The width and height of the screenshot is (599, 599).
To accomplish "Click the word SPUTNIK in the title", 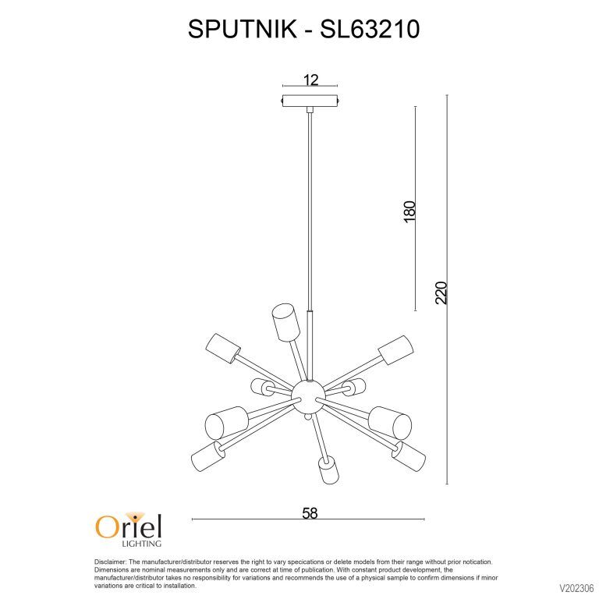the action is coord(243,29).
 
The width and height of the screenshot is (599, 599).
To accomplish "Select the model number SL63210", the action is coord(370,29).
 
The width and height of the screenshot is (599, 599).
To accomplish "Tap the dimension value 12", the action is coord(310,80).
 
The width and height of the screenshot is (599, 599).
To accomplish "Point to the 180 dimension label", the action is coord(409,211).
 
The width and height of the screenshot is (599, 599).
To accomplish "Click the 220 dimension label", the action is coord(441,292).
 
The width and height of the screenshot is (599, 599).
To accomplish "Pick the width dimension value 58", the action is coord(310,513).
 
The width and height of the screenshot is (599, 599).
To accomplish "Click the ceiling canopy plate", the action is coord(310,101).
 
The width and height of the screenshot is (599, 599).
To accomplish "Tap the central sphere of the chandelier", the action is coord(308,396).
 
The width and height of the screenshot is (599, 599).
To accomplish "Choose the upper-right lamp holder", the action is coord(396,350).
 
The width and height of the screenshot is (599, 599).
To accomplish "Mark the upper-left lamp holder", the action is coord(223,349).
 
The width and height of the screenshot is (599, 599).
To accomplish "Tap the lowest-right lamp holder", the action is coord(409,456).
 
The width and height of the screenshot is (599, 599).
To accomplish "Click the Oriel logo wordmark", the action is coord(129,526).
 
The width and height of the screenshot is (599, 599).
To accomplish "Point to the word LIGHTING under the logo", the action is coord(141,543).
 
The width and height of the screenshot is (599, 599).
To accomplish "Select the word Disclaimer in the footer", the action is coord(110,562).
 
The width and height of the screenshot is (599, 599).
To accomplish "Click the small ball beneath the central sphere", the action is coord(308,418).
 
